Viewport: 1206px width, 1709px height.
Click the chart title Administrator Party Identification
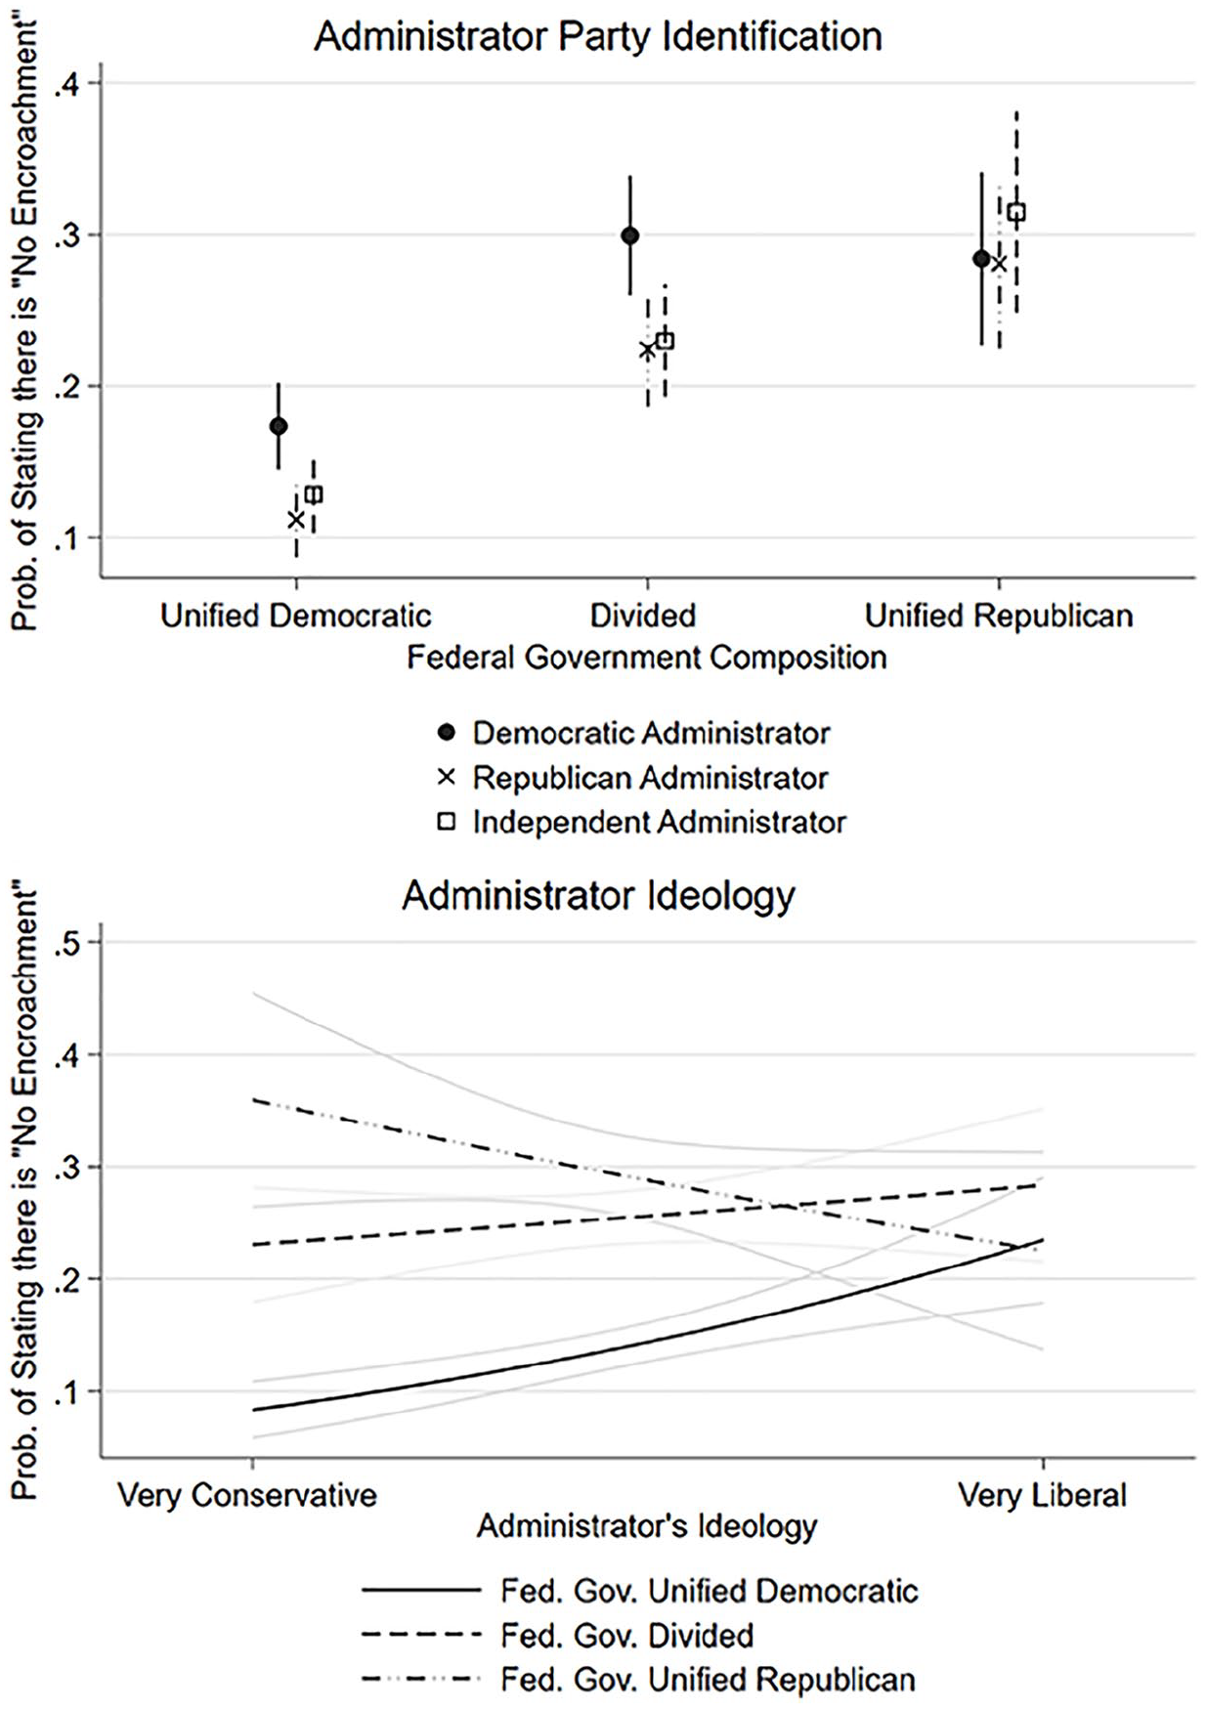[x=598, y=37]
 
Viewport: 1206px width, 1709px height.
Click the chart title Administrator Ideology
[x=598, y=896]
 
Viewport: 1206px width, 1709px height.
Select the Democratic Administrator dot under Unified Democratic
[x=279, y=426]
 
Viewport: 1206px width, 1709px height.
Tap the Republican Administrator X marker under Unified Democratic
[x=296, y=520]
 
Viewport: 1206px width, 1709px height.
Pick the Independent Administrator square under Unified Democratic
[x=314, y=494]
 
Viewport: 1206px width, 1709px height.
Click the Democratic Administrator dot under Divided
[x=630, y=235]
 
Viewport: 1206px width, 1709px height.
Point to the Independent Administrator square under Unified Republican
[x=1016, y=212]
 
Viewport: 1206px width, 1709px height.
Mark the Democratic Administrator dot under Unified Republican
[x=981, y=259]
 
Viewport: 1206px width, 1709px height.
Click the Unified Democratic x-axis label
[x=296, y=616]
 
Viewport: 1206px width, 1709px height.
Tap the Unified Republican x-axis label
[x=999, y=616]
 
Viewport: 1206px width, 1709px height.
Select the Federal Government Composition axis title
[x=647, y=657]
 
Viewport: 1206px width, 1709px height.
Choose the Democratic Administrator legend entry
[x=634, y=733]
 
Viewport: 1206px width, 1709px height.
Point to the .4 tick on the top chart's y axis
[x=69, y=84]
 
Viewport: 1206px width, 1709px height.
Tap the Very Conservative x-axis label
[x=247, y=1495]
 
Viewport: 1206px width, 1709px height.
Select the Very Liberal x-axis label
[x=1043, y=1495]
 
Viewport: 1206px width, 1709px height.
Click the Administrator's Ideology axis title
[x=647, y=1526]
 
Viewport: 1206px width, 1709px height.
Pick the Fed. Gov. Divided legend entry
[x=558, y=1635]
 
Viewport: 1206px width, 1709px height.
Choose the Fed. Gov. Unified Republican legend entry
[x=639, y=1679]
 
